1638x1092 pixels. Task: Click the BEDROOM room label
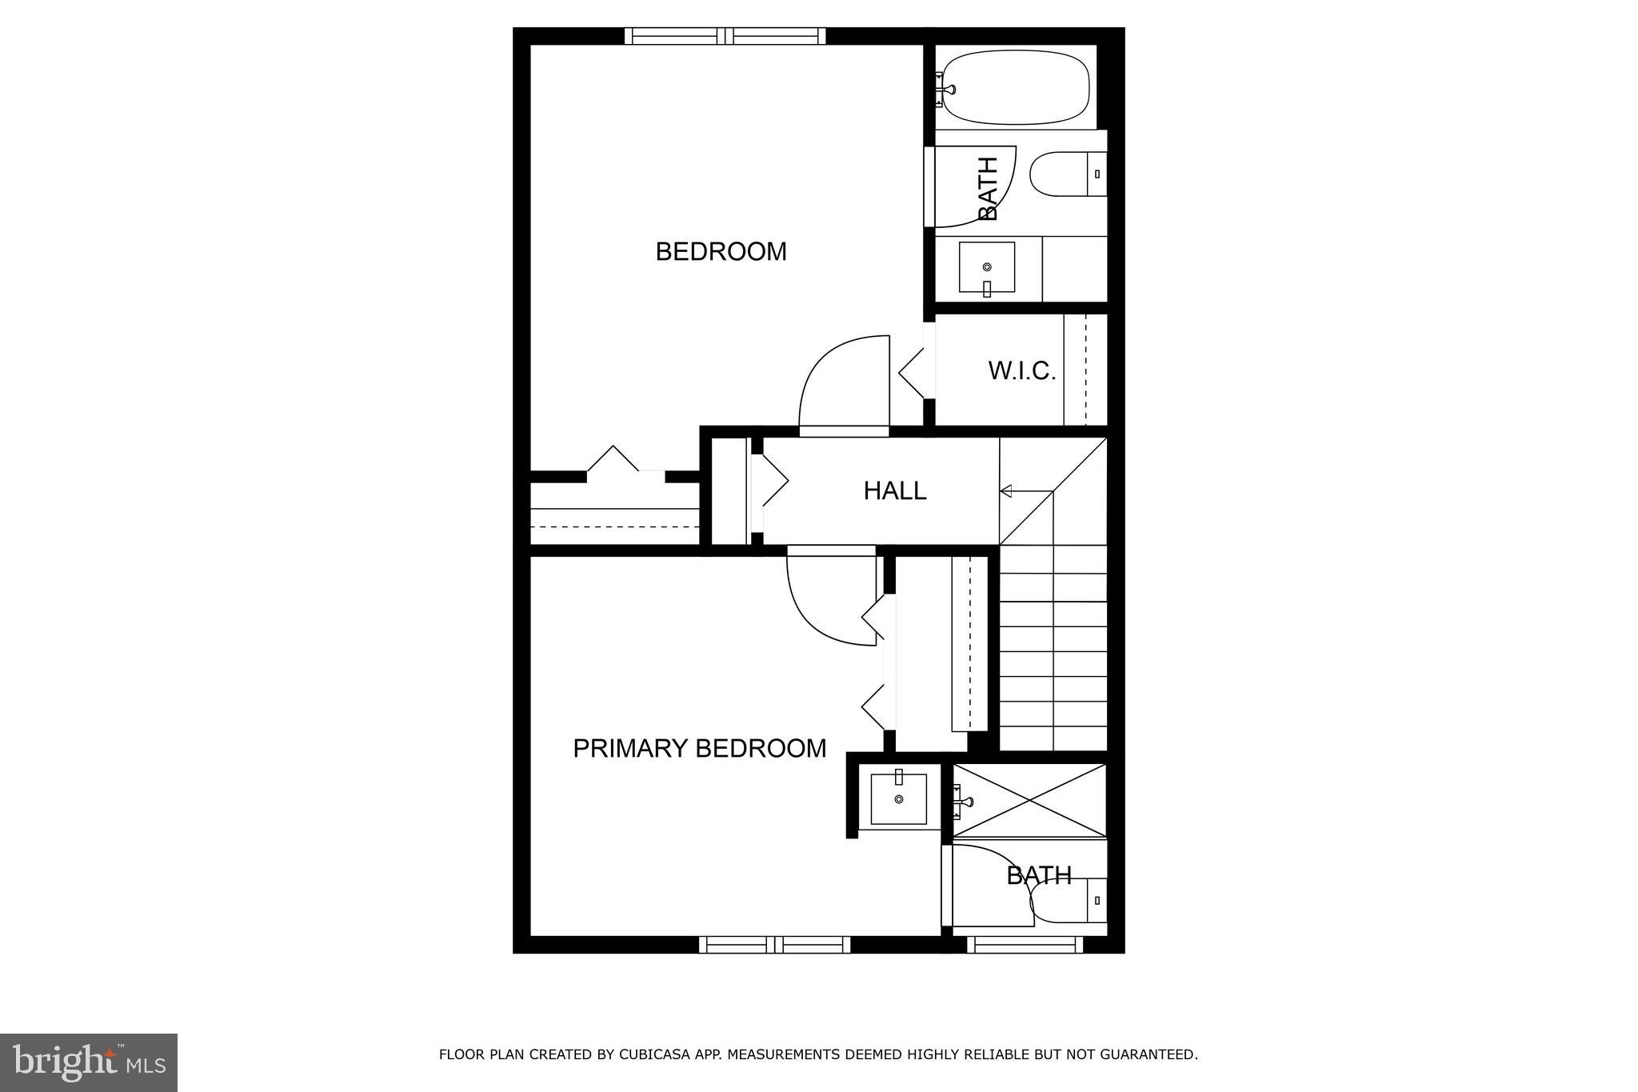[x=721, y=252]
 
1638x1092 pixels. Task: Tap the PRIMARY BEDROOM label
[x=699, y=749]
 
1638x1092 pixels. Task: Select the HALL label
[x=894, y=490]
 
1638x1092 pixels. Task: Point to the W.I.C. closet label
[x=1021, y=371]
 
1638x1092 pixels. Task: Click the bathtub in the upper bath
[x=1014, y=87]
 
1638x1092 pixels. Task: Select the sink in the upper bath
[x=987, y=267]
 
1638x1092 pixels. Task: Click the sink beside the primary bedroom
[x=898, y=798]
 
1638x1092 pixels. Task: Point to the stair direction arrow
[x=1006, y=491]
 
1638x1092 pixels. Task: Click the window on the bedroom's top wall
[x=725, y=36]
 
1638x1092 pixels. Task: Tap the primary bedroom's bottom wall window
[x=774, y=945]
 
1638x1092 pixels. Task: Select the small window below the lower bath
[x=1025, y=945]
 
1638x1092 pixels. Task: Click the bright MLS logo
[x=88, y=1062]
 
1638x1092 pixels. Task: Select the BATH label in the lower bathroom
[x=1038, y=876]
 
